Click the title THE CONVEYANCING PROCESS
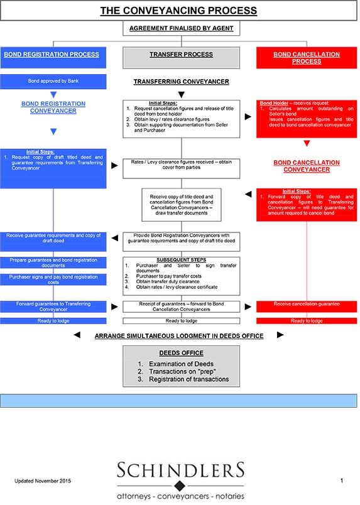(179, 11)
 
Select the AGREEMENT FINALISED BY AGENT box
(181, 29)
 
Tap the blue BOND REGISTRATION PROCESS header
(52, 55)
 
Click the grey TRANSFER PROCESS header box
(181, 55)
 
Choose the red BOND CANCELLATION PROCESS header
(307, 58)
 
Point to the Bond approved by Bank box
(53, 82)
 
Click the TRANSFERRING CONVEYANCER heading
(181, 82)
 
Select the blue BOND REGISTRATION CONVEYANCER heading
(53, 107)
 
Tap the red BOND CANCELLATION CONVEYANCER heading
(307, 166)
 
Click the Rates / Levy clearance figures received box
(181, 165)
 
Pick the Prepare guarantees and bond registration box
(53, 263)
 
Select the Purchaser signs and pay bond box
(53, 280)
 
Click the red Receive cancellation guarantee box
(307, 304)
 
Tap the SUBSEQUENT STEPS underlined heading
(181, 259)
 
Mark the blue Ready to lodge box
(53, 320)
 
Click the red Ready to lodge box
(307, 320)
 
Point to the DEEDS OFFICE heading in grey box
(181, 353)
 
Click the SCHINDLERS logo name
(181, 470)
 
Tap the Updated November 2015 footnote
(43, 481)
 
